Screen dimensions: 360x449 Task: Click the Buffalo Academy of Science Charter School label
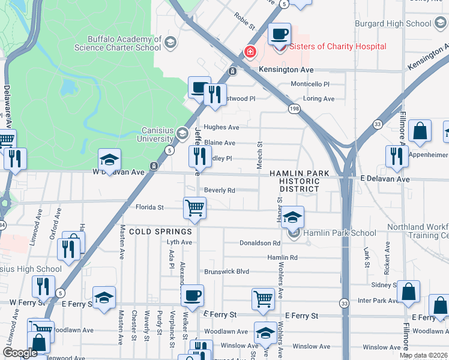point(118,43)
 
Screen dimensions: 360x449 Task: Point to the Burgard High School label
point(398,24)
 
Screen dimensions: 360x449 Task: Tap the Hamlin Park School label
point(340,233)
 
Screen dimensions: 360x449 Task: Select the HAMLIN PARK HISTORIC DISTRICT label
point(300,181)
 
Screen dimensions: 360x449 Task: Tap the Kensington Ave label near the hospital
point(286,70)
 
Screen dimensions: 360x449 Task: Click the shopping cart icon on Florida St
point(194,208)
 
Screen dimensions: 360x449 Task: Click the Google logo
point(20,353)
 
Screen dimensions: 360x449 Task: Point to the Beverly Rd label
point(219,190)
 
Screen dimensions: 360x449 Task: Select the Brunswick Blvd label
point(226,272)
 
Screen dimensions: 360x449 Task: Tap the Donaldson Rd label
point(260,244)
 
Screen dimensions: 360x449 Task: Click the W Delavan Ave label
point(119,172)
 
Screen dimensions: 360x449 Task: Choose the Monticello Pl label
point(310,85)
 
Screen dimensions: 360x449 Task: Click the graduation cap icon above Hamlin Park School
point(292,217)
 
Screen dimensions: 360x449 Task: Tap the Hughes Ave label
point(221,127)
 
